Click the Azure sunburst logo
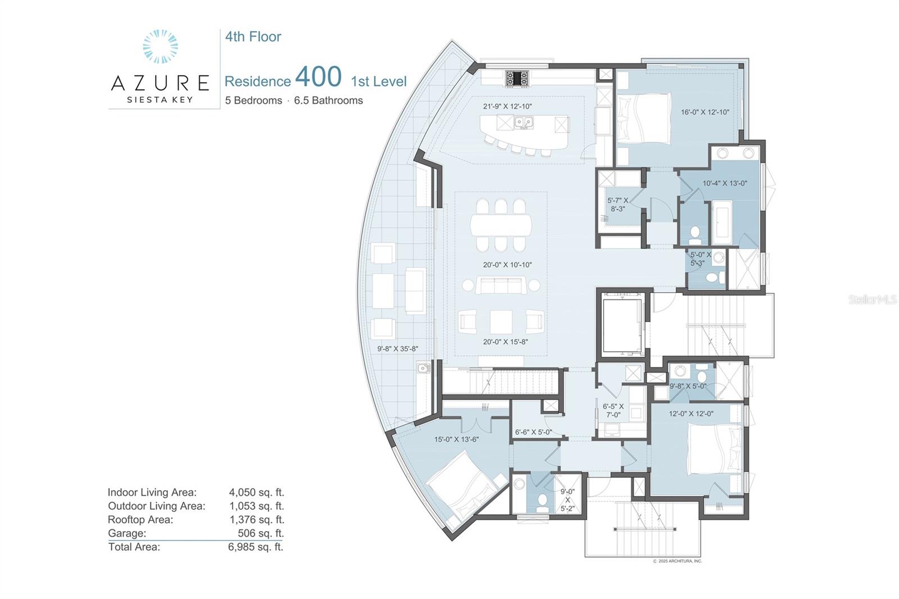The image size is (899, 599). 160,46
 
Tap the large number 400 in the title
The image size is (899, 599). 318,76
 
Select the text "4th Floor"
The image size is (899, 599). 253,37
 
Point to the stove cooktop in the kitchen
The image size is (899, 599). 517,79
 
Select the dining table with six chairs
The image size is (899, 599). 501,225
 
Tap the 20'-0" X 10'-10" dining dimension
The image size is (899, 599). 507,265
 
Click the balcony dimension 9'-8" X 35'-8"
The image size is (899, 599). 397,349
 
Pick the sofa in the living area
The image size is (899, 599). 501,285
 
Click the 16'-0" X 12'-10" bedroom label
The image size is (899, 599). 705,112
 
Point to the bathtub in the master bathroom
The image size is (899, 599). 721,222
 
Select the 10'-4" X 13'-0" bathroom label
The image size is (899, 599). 725,184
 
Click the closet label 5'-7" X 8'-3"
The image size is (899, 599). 618,205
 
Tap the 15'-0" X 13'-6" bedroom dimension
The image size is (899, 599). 456,439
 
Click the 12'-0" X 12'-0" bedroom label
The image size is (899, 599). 691,414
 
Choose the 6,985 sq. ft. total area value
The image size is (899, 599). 256,547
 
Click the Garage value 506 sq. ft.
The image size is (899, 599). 261,533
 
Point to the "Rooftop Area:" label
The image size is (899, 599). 140,520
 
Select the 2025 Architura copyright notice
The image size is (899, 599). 678,561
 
